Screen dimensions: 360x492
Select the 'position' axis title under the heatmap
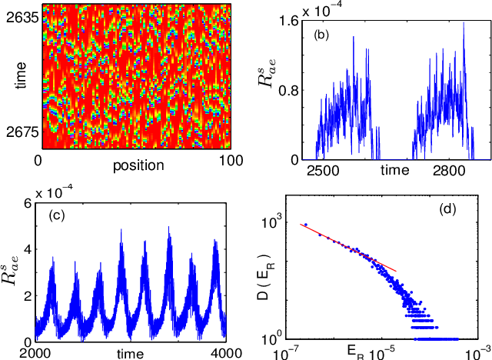point(138,165)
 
